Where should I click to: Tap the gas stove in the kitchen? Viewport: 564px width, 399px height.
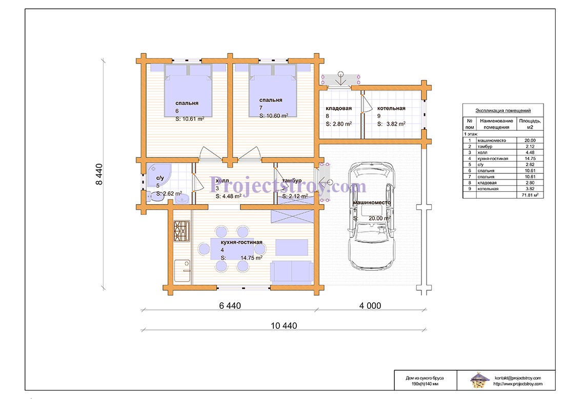click(x=182, y=231)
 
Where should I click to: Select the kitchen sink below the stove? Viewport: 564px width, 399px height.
click(x=183, y=271)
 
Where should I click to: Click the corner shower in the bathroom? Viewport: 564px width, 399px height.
click(x=158, y=175)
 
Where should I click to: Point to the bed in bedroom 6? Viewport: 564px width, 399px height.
click(x=188, y=91)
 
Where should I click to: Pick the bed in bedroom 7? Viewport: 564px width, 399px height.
click(x=273, y=91)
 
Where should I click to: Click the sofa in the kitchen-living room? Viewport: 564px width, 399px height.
click(x=291, y=271)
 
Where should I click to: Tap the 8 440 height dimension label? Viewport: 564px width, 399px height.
click(x=99, y=174)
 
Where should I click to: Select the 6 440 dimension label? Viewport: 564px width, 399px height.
click(x=230, y=306)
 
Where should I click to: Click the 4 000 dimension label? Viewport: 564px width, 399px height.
click(x=370, y=306)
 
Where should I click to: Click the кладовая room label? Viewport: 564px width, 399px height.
click(x=339, y=108)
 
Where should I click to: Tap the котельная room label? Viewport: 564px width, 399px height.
click(x=391, y=108)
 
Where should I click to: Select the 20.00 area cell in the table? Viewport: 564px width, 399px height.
click(x=530, y=141)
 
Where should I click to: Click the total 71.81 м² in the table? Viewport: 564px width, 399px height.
click(x=530, y=195)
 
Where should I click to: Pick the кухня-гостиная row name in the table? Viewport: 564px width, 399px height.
click(x=493, y=158)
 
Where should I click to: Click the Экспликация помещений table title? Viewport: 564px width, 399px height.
click(x=503, y=110)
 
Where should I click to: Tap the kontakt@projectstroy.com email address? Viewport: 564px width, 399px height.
click(x=518, y=378)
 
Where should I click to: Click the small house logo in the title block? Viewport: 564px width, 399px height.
click(x=478, y=381)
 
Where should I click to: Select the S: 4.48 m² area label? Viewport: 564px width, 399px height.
click(x=228, y=196)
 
